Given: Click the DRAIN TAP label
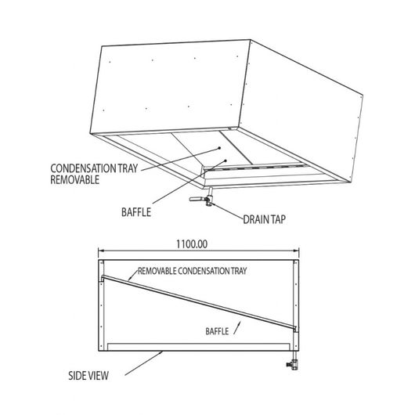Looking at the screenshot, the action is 264,219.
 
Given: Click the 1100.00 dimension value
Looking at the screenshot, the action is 192,244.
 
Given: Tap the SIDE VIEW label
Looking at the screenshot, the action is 88,376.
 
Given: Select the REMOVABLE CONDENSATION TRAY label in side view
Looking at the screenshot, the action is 192,271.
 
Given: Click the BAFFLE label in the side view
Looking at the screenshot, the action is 217,331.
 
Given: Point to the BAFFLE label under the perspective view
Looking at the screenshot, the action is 136,212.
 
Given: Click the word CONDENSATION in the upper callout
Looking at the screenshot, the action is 83,168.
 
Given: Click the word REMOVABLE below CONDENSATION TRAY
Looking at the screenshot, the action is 75,180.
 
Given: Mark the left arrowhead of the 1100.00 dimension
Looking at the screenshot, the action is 101,251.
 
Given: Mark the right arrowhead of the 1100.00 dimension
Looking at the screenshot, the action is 296,251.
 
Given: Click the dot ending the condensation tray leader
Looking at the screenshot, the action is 219,148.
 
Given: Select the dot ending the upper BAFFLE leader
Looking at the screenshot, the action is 226,161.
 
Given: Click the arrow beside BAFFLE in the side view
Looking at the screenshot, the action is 237,328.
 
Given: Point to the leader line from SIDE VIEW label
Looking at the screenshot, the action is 143,363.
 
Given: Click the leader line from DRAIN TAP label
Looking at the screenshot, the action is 228,211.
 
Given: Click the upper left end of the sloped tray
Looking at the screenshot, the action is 103,276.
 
